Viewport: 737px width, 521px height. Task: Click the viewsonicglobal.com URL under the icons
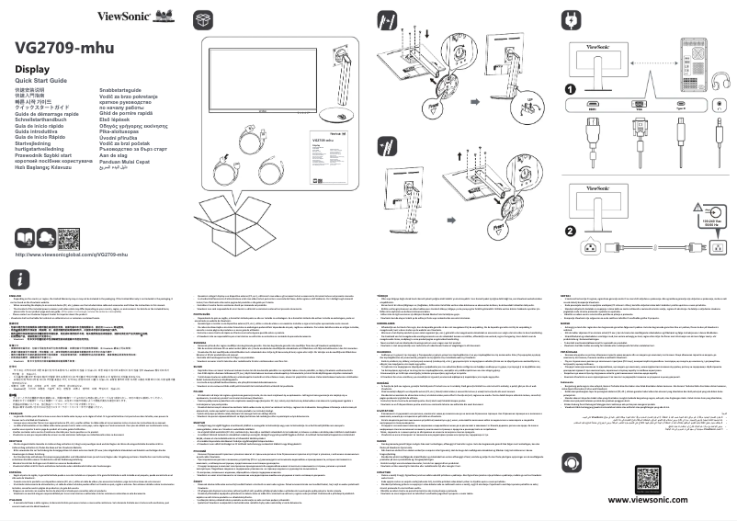(72, 254)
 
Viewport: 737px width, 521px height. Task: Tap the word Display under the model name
(32, 69)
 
